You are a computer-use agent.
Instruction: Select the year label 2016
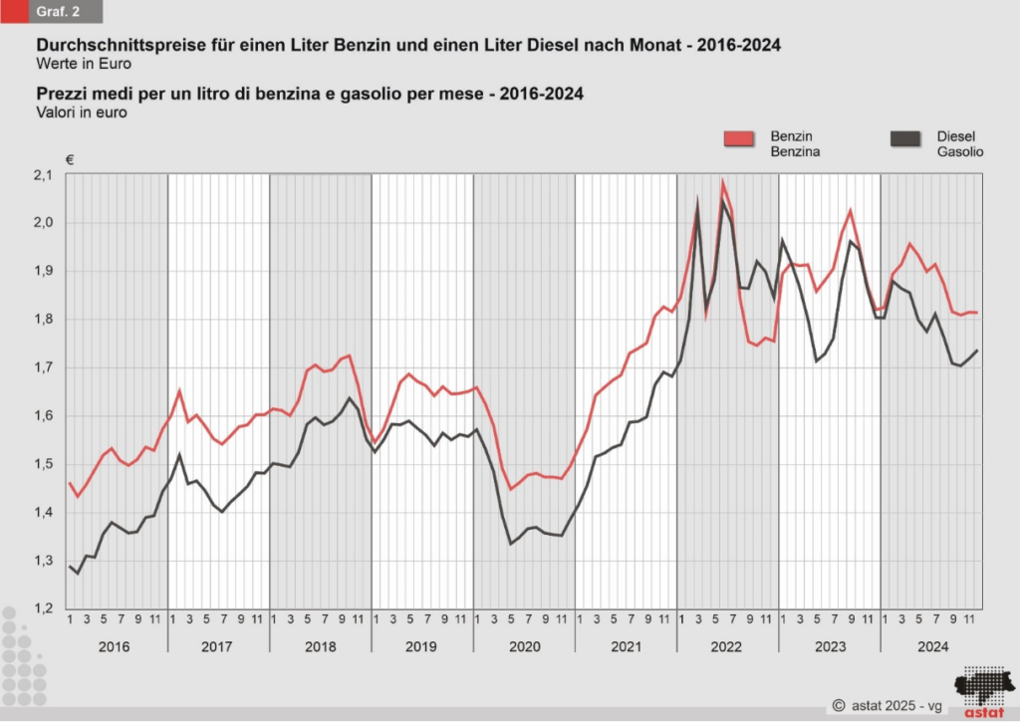point(116,646)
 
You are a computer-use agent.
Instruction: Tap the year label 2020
point(524,646)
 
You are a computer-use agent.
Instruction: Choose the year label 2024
point(931,646)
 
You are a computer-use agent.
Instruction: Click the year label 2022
point(727,646)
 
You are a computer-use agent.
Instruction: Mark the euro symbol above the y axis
point(70,159)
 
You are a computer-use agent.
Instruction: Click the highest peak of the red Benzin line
point(723,182)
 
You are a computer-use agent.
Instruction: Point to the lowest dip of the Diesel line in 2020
point(511,543)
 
